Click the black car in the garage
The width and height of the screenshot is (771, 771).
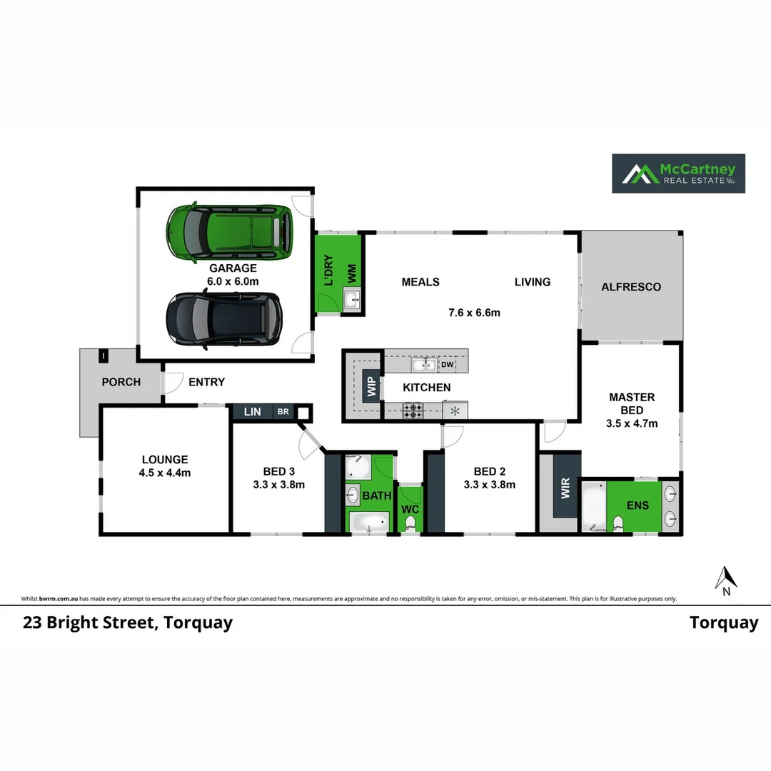click(224, 320)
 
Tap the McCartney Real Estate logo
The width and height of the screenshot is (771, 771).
click(678, 173)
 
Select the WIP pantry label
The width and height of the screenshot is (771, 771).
click(371, 386)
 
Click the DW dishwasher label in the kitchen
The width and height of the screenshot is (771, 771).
click(447, 365)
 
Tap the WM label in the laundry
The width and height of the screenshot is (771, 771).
click(352, 273)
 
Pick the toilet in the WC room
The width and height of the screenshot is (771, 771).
click(410, 523)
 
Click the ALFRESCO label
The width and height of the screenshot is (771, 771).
click(631, 287)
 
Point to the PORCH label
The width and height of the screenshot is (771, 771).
click(121, 382)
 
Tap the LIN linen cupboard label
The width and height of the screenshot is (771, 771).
click(252, 412)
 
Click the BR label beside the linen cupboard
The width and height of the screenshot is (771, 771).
click(283, 412)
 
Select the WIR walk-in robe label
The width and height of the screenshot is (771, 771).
click(566, 490)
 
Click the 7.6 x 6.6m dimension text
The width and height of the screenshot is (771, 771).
click(474, 312)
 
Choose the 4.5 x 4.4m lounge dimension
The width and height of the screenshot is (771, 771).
click(165, 473)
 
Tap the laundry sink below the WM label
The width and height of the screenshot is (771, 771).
click(353, 301)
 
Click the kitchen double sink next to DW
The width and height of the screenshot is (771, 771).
click(424, 365)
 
